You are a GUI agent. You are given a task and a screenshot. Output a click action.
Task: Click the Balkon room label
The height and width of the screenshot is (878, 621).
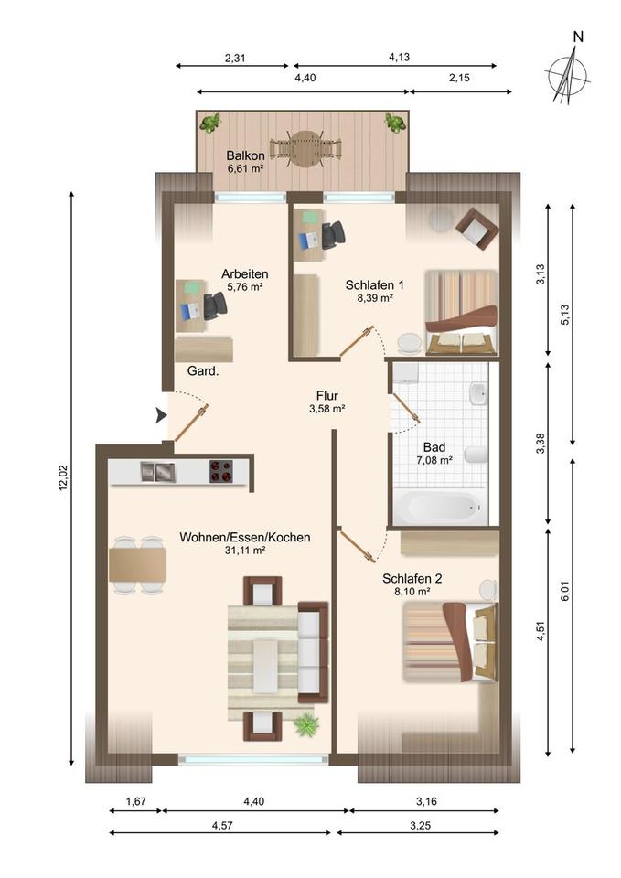245,155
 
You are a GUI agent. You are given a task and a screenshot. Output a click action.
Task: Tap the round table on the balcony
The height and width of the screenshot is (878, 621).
305,148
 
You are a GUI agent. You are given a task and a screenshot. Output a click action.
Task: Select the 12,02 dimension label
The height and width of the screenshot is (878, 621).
63,477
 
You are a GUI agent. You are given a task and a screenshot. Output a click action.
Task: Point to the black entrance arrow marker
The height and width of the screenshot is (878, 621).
161,415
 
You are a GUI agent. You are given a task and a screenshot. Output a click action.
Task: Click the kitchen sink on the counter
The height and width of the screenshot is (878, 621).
158,472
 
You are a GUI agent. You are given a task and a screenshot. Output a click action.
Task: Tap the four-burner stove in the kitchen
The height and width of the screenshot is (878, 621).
221,471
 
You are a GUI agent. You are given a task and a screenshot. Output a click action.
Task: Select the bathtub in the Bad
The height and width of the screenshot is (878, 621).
439,506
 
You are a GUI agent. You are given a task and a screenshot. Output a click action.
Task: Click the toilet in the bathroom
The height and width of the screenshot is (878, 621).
476,455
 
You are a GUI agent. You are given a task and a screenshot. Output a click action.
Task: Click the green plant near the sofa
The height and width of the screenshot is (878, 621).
305,724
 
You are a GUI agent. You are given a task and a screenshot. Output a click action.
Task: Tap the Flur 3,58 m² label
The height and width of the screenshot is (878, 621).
327,402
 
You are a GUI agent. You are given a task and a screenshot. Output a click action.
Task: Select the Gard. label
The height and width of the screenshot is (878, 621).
203,370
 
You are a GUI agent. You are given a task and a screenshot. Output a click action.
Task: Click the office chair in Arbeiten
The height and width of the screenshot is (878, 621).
215,305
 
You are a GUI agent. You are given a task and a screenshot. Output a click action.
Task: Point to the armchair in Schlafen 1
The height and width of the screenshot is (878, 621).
477,229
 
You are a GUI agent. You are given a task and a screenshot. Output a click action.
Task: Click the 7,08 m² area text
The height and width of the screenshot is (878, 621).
434,460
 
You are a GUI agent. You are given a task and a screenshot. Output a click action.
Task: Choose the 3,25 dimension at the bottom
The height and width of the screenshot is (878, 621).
421,825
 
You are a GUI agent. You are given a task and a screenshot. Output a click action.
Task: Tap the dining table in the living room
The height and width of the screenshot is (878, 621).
137,564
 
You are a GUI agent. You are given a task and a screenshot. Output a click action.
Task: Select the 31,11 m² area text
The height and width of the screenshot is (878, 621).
245,551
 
